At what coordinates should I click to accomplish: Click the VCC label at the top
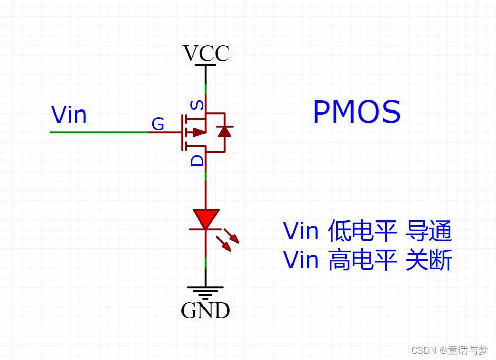[206, 53]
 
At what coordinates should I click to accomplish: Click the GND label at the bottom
[206, 310]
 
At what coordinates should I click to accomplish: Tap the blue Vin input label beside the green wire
[69, 115]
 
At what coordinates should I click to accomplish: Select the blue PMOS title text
[357, 113]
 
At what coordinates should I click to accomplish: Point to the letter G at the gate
[158, 124]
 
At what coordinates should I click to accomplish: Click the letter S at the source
[197, 106]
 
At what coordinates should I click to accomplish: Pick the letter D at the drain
[197, 161]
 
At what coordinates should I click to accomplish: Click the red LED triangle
[206, 218]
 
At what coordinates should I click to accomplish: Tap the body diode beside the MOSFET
[224, 132]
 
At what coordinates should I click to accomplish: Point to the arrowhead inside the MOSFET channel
[199, 132]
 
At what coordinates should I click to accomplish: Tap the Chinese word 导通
[428, 231]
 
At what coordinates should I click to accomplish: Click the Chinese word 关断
[428, 261]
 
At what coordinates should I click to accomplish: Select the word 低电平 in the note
[362, 231]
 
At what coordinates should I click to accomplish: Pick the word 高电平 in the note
[362, 261]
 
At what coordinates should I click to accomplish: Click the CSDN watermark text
[449, 350]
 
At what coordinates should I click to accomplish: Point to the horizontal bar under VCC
[206, 65]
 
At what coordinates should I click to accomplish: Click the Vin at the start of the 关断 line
[301, 261]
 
